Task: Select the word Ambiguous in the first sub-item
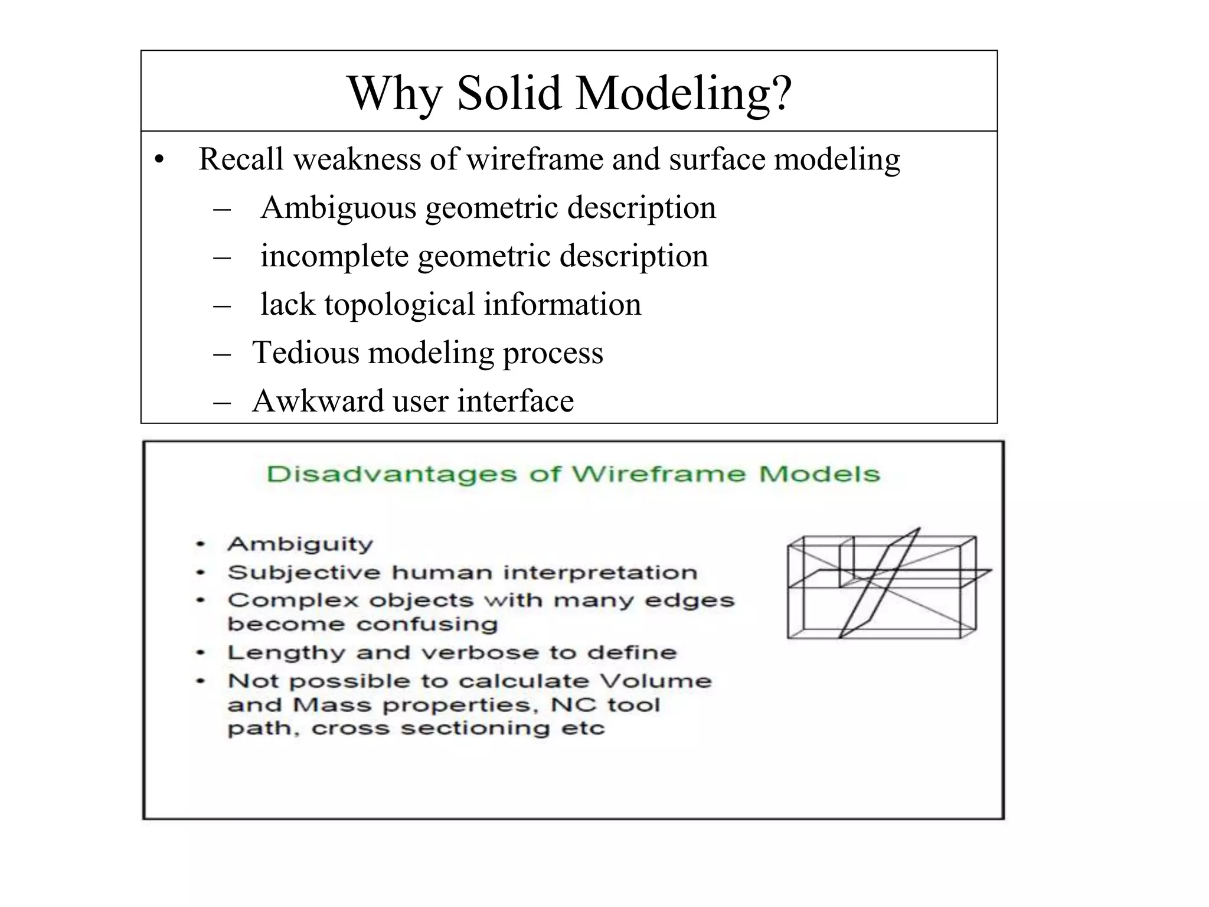point(338,208)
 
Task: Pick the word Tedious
point(305,353)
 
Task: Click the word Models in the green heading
point(819,474)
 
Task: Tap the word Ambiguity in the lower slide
point(300,544)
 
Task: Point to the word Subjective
point(304,572)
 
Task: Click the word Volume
point(656,681)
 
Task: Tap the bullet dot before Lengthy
point(201,652)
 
